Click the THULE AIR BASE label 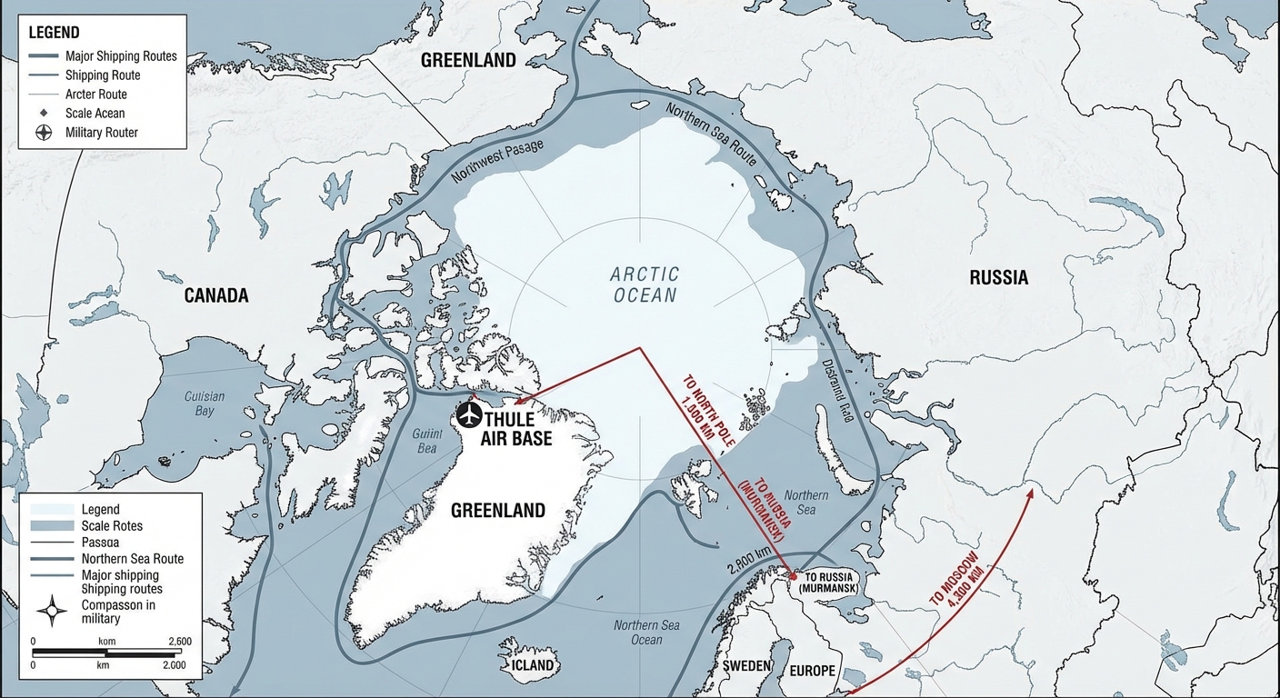tap(517, 429)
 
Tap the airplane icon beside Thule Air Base tap(469, 415)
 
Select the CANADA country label tap(216, 295)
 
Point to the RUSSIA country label tap(998, 278)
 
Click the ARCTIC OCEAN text tap(645, 284)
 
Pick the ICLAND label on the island tap(532, 664)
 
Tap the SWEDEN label tap(746, 665)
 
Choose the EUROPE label tap(812, 671)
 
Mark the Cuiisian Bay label tap(205, 404)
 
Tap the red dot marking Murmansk tap(792, 576)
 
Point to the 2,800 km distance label tap(749, 563)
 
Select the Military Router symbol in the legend tap(43, 132)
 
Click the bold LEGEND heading tap(54, 33)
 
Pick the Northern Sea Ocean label tap(646, 633)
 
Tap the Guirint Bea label tap(425, 441)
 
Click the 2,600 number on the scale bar tap(180, 641)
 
